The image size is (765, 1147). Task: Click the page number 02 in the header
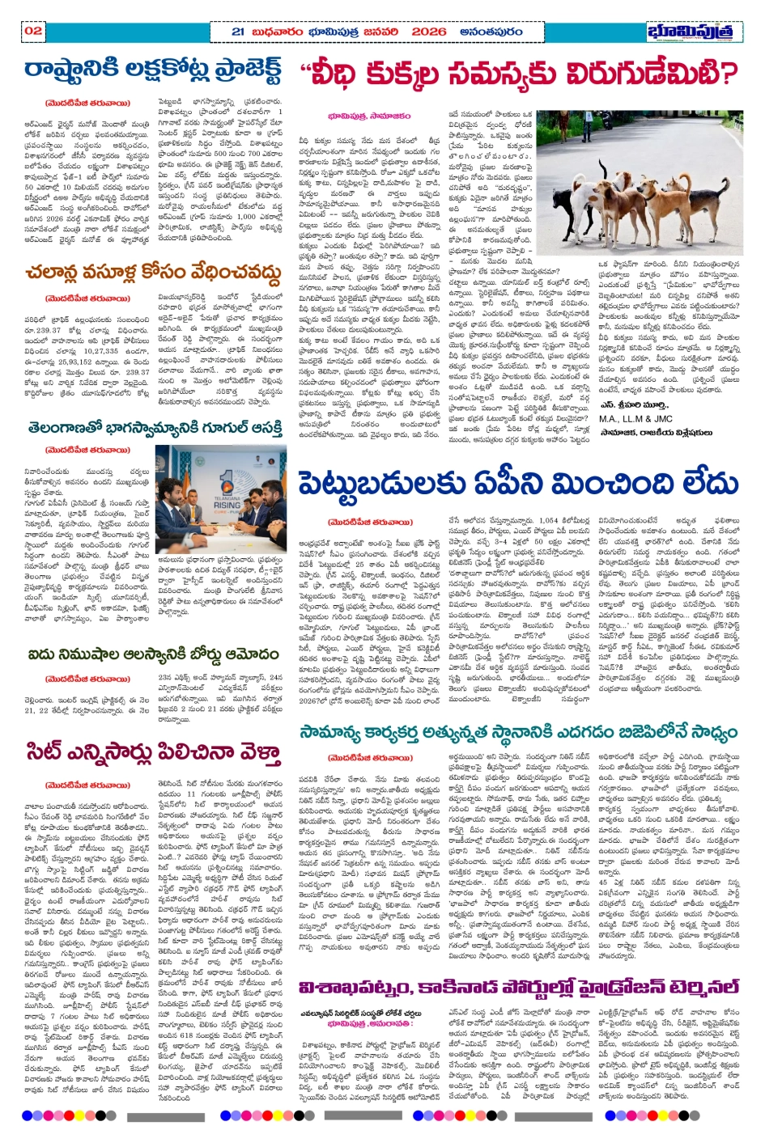click(33, 31)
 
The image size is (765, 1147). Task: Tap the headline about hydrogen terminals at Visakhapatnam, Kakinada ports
click(518, 988)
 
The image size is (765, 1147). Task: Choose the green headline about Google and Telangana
click(154, 426)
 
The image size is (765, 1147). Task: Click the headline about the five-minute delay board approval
click(154, 654)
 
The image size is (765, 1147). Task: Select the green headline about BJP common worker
click(518, 732)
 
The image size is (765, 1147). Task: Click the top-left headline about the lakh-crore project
click(154, 71)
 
